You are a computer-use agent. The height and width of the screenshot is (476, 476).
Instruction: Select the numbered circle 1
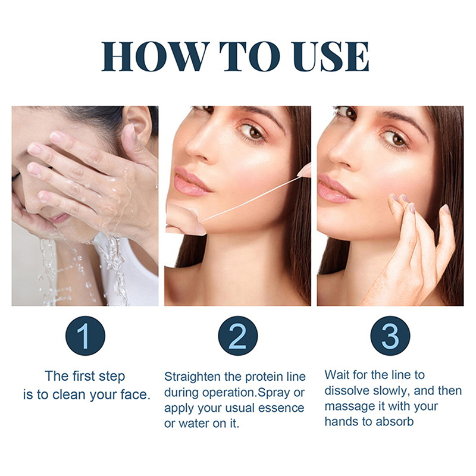point(85,336)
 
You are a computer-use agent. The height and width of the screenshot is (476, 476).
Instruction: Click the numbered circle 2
point(237,336)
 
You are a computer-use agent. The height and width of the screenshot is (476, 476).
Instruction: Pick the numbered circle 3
point(390,336)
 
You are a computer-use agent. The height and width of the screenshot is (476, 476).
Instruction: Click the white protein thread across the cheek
point(249,199)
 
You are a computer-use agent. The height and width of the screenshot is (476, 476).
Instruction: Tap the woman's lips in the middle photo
point(191,182)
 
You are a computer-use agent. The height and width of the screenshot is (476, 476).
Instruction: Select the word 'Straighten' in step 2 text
point(192,377)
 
